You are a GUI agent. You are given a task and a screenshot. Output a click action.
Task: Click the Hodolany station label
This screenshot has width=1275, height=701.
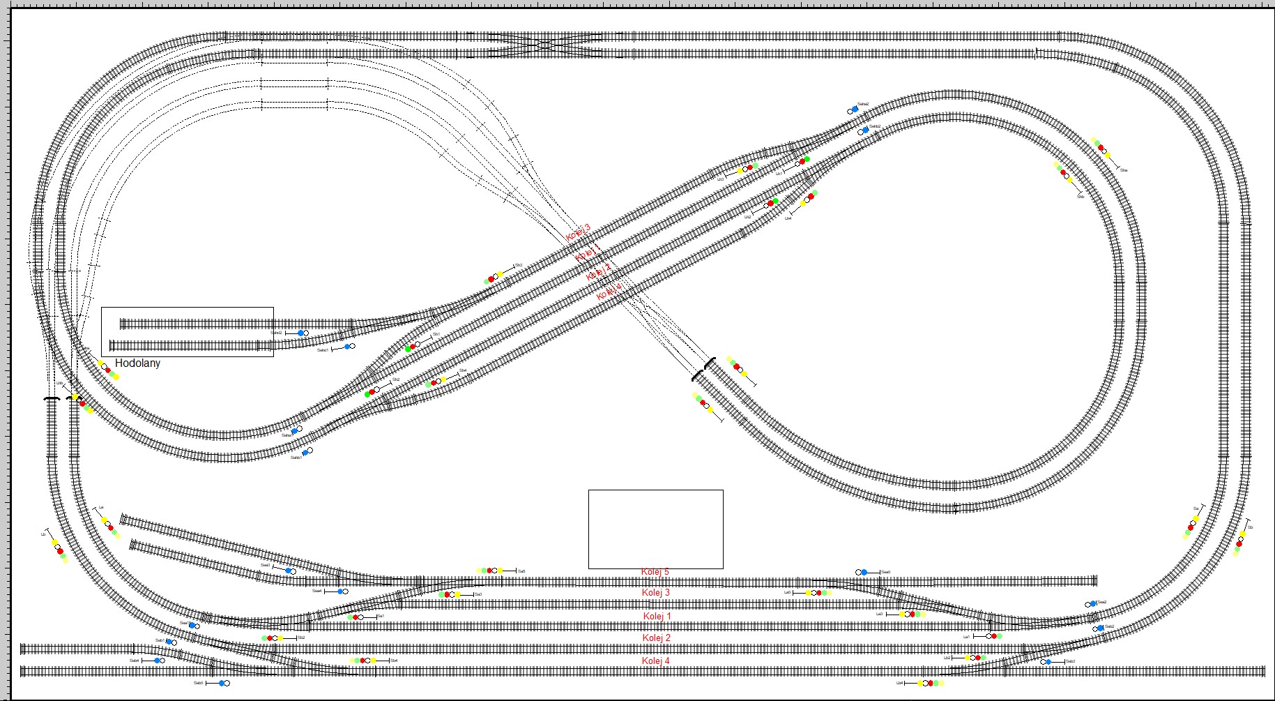(x=137, y=363)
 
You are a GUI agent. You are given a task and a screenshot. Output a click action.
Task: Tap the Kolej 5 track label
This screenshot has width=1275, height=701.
(x=655, y=572)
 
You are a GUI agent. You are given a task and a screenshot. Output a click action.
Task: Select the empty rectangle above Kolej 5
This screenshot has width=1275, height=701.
(x=655, y=529)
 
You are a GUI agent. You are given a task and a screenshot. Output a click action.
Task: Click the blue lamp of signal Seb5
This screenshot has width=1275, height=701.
(x=222, y=684)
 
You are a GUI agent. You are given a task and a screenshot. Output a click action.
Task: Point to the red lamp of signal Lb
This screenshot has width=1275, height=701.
(x=1239, y=543)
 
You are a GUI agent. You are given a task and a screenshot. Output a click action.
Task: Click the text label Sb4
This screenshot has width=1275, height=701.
(x=394, y=661)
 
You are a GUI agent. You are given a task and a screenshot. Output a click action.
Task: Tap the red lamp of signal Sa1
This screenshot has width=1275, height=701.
(x=356, y=617)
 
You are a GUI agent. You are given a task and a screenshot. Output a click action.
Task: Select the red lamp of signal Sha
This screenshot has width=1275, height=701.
(x=1101, y=148)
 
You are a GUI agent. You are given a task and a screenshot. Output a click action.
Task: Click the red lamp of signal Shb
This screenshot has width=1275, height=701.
(x=1063, y=172)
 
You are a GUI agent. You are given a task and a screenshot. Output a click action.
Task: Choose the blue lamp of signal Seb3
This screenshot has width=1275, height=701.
(x=1048, y=662)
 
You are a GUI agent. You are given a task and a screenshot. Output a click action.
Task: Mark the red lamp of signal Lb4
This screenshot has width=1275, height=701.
(x=930, y=684)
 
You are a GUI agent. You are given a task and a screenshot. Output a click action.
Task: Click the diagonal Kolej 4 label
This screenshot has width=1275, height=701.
(x=609, y=292)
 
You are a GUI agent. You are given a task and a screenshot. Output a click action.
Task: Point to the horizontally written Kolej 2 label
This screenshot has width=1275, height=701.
(x=656, y=638)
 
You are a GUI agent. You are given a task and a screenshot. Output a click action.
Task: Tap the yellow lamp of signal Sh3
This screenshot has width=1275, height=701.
(x=499, y=275)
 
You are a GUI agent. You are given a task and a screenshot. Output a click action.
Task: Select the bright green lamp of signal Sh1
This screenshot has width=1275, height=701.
(x=408, y=349)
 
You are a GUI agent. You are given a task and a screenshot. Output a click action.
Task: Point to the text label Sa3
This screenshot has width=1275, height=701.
(x=478, y=594)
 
